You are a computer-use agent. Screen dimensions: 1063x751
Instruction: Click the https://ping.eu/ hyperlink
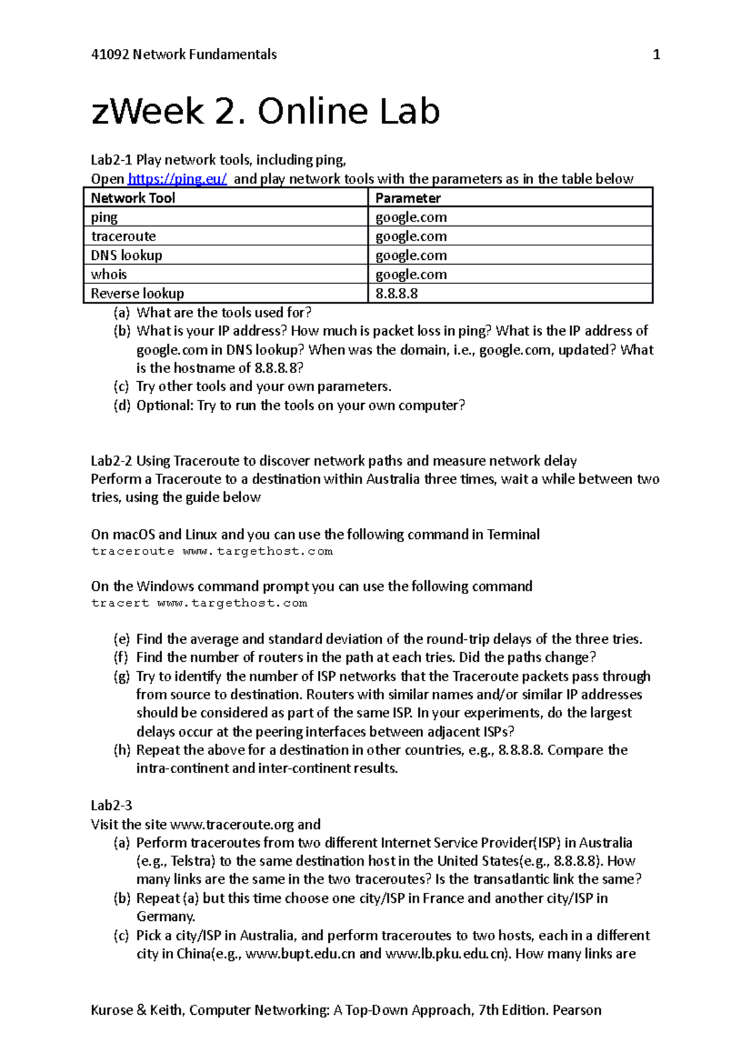coord(177,179)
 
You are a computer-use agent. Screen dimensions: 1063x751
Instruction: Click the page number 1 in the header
coord(656,55)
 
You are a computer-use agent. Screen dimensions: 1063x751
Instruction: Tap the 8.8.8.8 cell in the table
coord(397,294)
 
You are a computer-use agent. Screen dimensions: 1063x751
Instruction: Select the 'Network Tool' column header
coord(133,198)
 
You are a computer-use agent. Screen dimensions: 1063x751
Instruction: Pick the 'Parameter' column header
coord(408,198)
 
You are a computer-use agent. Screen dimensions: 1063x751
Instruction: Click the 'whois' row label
coord(109,274)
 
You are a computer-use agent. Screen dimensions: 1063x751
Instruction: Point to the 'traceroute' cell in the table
coord(123,237)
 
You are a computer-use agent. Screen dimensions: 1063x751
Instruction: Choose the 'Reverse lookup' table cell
coord(138,294)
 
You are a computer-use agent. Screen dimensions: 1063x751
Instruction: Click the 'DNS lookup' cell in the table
coord(126,255)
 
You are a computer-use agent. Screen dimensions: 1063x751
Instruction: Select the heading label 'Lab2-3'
coord(111,805)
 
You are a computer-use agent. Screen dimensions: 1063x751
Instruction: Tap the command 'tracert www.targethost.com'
coord(199,603)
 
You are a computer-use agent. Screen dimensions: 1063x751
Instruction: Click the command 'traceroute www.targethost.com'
coord(212,552)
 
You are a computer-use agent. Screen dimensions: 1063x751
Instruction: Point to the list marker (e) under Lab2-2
coord(121,639)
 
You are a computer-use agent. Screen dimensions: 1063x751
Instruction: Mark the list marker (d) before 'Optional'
coord(121,406)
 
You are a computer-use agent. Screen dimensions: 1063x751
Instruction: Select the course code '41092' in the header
coord(110,55)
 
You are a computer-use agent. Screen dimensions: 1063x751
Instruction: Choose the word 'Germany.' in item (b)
coord(166,917)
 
